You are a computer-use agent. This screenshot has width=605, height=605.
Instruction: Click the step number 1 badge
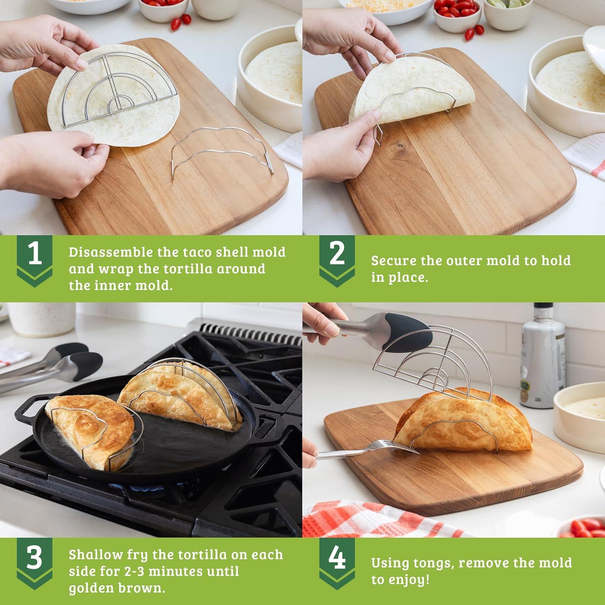(35, 256)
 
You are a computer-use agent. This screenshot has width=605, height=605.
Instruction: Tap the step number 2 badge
(337, 256)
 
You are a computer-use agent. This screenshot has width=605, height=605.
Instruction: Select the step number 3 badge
(35, 558)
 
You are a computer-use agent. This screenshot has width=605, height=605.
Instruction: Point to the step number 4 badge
(337, 558)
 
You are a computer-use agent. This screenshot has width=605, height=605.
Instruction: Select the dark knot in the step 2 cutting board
(400, 144)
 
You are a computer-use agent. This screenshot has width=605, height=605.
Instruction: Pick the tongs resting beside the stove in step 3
(52, 367)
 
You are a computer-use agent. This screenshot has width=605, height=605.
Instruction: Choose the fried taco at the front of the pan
(93, 432)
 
